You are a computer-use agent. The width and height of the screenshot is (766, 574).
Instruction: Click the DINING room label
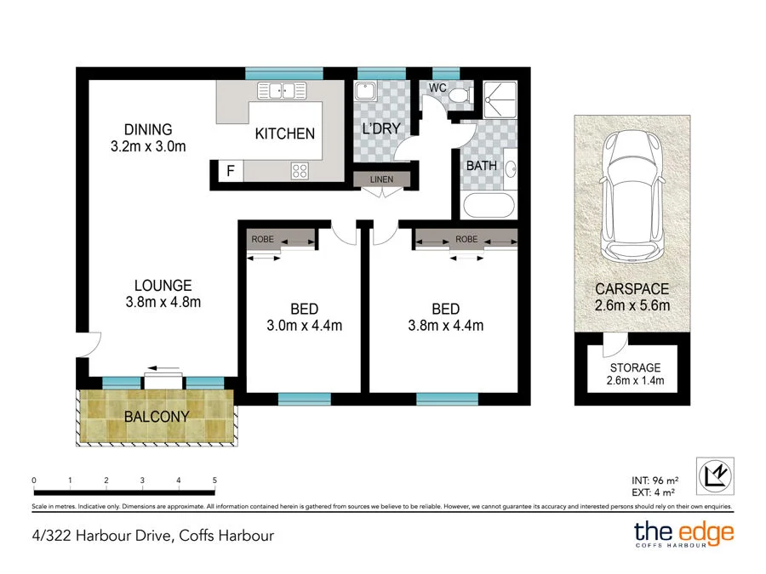(148, 130)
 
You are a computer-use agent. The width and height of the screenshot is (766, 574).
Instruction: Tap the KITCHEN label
(285, 134)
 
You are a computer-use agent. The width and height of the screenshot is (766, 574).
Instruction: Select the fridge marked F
(230, 171)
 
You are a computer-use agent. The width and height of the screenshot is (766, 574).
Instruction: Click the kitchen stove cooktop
(300, 170)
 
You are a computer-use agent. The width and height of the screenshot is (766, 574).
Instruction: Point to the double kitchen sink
(282, 90)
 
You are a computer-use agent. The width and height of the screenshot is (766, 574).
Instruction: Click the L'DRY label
(381, 130)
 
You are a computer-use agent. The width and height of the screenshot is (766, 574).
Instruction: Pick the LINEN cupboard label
(381, 179)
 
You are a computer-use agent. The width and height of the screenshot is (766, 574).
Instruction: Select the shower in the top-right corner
(500, 99)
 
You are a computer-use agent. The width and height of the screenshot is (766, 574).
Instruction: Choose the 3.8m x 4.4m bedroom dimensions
(445, 325)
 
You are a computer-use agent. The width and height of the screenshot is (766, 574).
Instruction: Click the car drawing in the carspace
(631, 196)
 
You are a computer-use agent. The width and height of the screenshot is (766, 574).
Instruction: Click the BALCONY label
(157, 417)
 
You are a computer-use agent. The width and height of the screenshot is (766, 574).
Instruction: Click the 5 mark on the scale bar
(214, 481)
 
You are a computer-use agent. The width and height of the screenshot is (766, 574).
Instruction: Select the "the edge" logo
(683, 534)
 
